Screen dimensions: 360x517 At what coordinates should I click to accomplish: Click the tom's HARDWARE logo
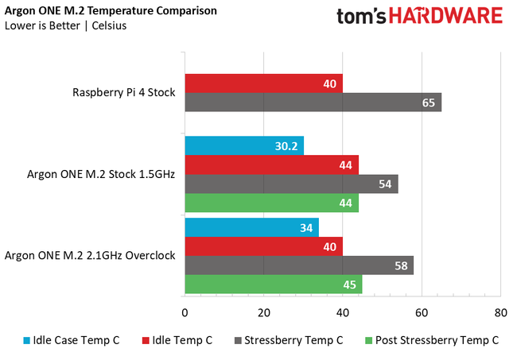[419, 17]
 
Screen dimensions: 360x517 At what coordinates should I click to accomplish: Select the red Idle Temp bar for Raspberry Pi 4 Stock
[263, 83]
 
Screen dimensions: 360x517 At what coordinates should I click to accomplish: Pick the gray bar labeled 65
[313, 102]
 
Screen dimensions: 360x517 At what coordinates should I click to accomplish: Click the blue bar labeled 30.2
[244, 145]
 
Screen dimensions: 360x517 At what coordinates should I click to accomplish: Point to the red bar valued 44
[271, 165]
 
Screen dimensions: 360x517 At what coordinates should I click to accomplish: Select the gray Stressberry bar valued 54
[291, 184]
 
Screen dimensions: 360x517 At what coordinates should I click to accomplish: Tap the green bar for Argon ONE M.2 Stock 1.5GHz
[271, 203]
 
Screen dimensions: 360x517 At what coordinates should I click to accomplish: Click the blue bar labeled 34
[251, 227]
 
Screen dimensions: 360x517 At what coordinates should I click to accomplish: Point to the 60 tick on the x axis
[421, 312]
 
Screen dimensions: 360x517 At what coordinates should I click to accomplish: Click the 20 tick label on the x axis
[263, 312]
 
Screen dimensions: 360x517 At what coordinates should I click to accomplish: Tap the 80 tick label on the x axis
[500, 312]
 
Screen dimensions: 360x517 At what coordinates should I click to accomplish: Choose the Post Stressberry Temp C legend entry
[430, 340]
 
